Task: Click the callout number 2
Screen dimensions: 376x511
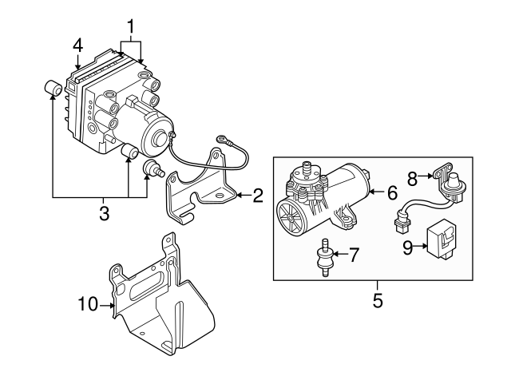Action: click(258, 193)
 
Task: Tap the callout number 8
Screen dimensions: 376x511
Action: click(413, 177)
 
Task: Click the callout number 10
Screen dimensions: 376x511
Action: click(87, 303)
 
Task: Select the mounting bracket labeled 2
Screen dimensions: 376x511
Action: click(200, 188)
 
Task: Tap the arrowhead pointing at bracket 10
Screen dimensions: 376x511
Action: click(113, 303)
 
